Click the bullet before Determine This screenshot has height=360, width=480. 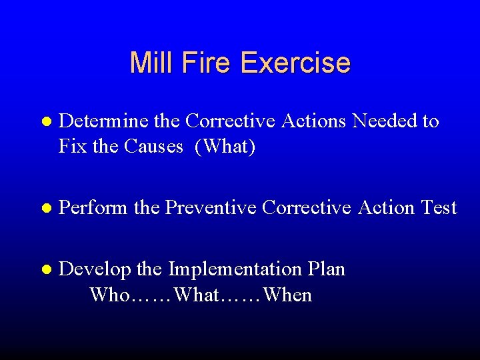45,122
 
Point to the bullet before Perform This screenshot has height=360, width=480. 45,209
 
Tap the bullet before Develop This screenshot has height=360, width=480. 45,270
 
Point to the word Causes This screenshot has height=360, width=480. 153,146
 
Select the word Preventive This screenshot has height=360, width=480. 211,208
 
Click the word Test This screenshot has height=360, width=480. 438,208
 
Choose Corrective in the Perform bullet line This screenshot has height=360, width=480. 307,208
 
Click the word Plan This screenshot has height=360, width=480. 327,269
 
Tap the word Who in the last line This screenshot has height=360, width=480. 108,295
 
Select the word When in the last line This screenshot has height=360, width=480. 287,295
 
